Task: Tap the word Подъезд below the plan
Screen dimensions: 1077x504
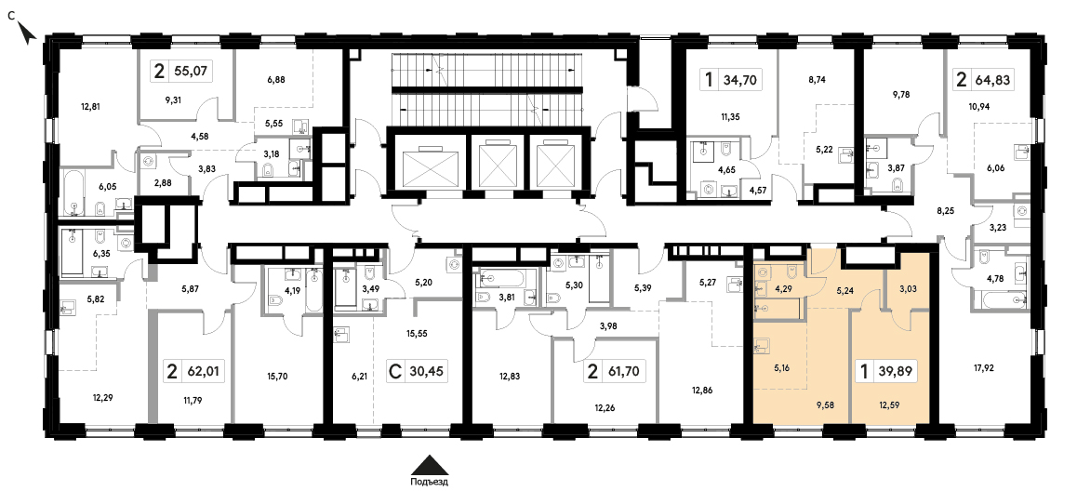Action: click(430, 482)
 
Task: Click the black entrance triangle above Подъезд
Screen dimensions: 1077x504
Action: click(430, 465)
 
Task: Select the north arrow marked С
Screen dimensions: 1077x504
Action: click(25, 30)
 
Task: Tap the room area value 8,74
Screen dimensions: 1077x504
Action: click(818, 80)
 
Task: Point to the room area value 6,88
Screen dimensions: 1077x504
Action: click(274, 79)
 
